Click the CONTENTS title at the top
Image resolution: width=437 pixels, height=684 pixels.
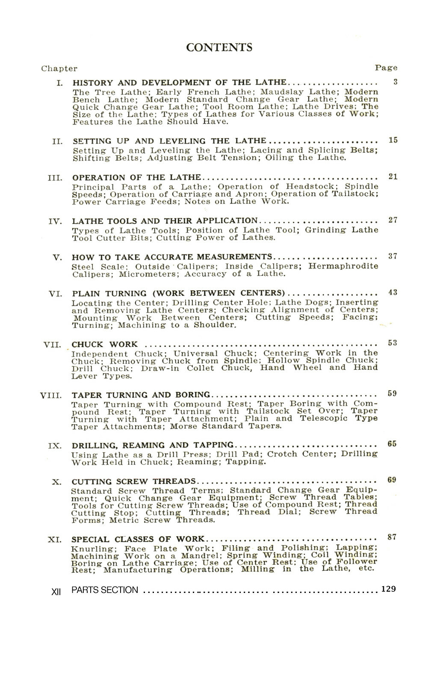[219, 47]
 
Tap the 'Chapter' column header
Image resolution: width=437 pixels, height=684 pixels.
[59, 68]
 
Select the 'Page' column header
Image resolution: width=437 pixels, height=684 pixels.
[386, 68]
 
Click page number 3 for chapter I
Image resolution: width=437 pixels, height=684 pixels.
[396, 82]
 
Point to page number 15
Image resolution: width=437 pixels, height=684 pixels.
[393, 140]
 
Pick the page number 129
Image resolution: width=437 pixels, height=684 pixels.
[388, 589]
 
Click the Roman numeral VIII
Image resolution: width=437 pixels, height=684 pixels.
[51, 395]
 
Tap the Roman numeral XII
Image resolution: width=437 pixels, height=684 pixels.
[56, 592]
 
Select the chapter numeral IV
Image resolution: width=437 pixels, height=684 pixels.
[55, 221]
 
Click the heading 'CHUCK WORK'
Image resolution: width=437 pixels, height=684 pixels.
[105, 344]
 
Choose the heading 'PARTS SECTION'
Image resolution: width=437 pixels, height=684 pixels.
[105, 590]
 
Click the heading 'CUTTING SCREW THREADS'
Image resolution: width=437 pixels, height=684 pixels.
[134, 481]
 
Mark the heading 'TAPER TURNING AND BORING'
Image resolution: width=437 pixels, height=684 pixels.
[141, 395]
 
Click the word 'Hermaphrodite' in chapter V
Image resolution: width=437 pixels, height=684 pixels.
[343, 266]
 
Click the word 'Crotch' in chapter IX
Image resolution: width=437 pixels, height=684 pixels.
[282, 454]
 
